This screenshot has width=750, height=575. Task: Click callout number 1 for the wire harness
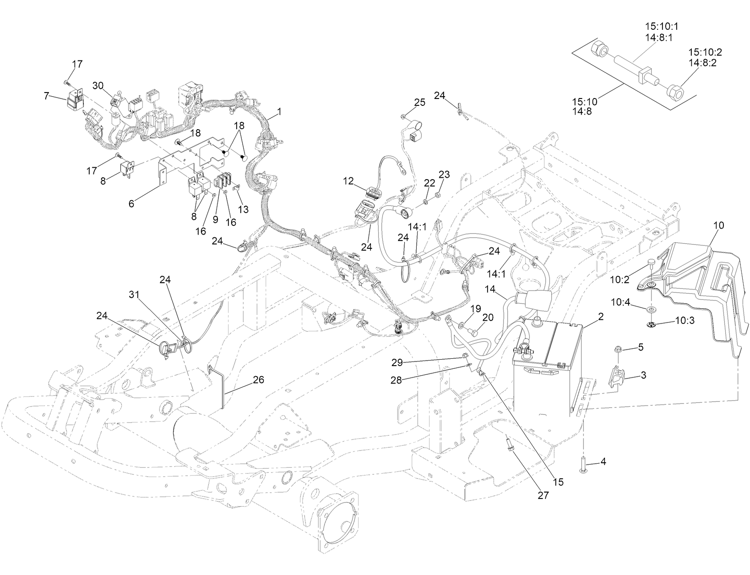tap(279, 111)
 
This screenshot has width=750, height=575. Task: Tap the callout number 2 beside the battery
tap(601, 316)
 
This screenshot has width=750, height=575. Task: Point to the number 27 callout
tap(543, 495)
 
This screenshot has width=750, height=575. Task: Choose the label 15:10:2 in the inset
tap(705, 52)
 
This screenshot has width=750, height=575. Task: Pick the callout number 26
tap(259, 380)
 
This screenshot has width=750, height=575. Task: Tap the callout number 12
tap(348, 181)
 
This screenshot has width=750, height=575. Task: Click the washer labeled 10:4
tap(650, 308)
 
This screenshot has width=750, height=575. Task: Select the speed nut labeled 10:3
tap(651, 325)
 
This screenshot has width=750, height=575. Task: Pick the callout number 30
tap(98, 85)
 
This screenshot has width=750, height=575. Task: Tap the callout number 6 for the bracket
tap(131, 204)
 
